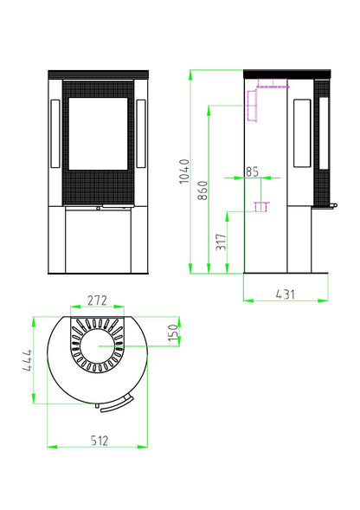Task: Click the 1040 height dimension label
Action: (x=184, y=171)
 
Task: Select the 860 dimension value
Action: (x=202, y=190)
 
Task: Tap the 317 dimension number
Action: (x=221, y=242)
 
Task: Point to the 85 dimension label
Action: (x=252, y=171)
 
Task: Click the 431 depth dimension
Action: (x=286, y=294)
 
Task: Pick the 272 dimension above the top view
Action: (x=97, y=300)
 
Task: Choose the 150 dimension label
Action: (x=174, y=332)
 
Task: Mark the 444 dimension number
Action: (x=27, y=360)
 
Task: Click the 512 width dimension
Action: (x=100, y=441)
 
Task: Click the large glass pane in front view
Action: (x=98, y=133)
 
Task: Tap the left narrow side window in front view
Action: (x=55, y=133)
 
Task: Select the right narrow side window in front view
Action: (x=141, y=133)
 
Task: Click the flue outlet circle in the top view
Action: (x=98, y=346)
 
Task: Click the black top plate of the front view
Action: (x=98, y=74)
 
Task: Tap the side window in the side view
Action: (x=302, y=133)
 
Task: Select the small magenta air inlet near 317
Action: (x=261, y=207)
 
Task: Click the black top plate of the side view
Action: (x=287, y=74)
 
